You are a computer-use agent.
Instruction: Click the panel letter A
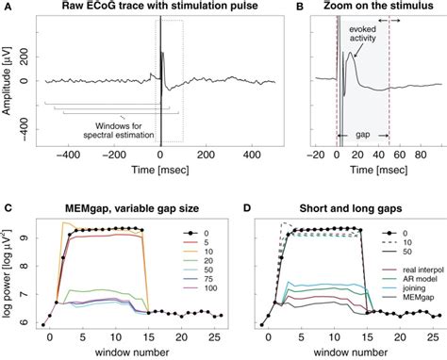click(x=6, y=7)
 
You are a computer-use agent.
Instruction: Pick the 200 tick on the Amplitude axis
click(x=23, y=57)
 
